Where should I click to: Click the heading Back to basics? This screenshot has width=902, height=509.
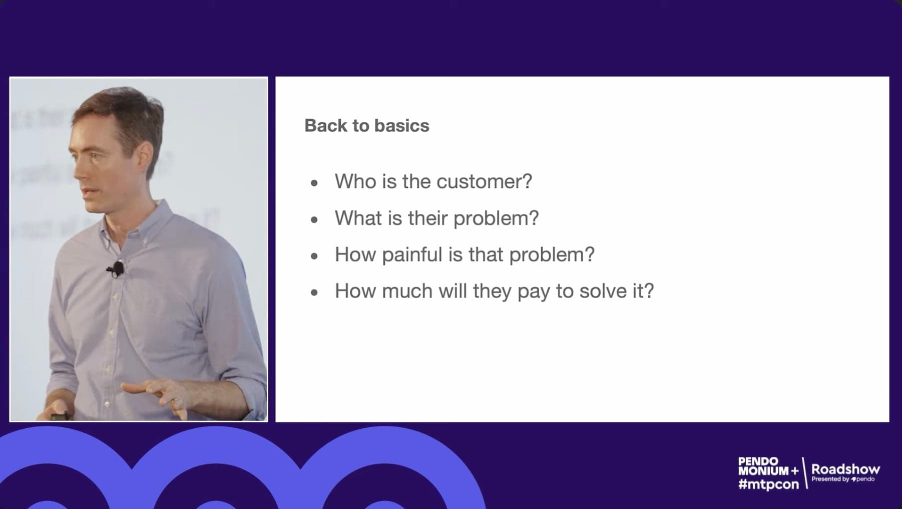coord(366,125)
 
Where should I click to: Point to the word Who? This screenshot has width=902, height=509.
coord(355,181)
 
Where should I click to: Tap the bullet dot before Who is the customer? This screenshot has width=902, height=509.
coord(314,183)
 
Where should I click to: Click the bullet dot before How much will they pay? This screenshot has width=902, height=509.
coord(314,293)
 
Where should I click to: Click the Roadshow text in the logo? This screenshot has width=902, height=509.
coord(845,469)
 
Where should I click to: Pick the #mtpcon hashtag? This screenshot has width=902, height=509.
coord(768,484)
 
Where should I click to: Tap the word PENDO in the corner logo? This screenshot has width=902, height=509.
coord(758,461)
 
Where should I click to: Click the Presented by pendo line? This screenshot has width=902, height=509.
coord(843,479)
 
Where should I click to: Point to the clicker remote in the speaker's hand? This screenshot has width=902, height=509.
coord(60,416)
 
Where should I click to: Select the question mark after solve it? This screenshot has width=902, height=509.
coord(649,291)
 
